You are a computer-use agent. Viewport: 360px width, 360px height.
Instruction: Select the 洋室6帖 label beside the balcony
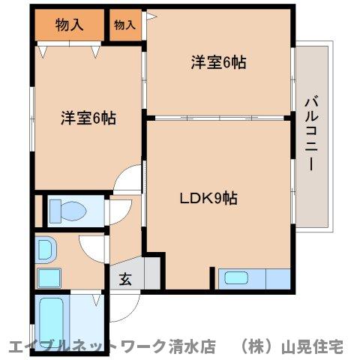click(x=218, y=63)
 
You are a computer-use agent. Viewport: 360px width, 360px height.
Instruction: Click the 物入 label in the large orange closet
click(x=70, y=25)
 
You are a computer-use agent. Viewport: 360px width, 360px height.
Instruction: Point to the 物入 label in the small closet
click(x=124, y=25)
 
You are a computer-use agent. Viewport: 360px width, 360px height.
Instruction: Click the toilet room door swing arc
click(x=118, y=211)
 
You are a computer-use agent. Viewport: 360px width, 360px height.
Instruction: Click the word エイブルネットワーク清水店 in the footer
click(x=112, y=347)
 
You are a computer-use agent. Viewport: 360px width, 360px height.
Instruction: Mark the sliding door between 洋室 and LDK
click(x=218, y=117)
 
